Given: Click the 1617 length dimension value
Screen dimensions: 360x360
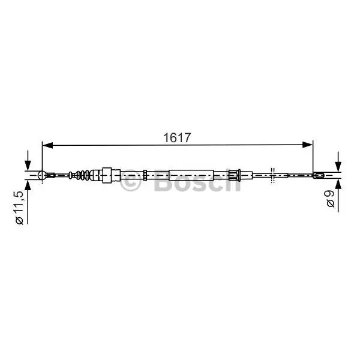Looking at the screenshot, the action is (x=177, y=138).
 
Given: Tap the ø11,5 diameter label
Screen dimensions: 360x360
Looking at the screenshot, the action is (x=19, y=208).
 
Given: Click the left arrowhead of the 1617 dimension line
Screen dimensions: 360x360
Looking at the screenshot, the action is (x=48, y=145).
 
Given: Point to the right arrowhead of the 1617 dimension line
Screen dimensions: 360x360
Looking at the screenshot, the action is (x=308, y=145).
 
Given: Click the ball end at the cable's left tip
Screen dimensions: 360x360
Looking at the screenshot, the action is (x=42, y=175).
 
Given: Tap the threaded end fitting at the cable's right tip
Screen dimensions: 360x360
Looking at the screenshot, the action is (x=319, y=175).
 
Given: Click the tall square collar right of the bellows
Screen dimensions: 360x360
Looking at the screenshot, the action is (x=107, y=175).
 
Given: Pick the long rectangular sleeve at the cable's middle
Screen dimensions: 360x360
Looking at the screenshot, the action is (x=191, y=175).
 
